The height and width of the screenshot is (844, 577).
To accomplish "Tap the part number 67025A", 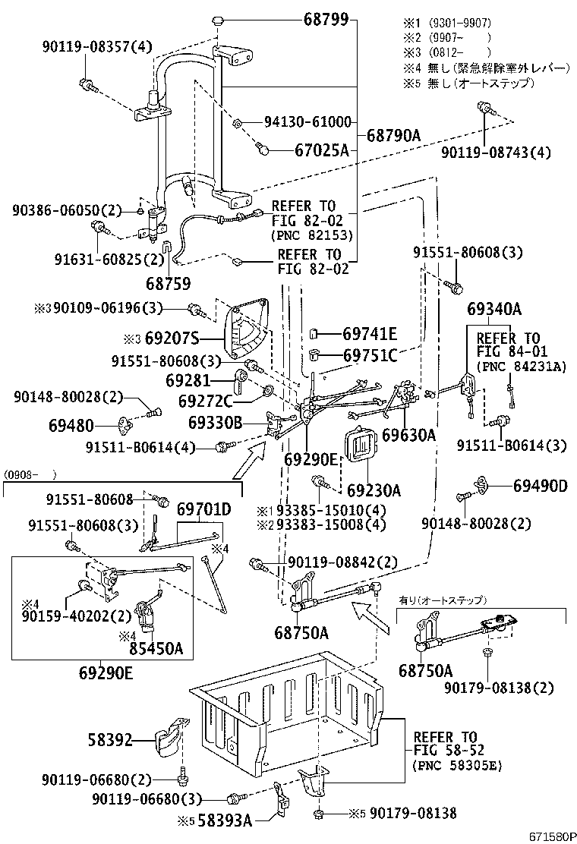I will (x=321, y=150).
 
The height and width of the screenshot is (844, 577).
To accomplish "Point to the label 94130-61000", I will (x=307, y=121).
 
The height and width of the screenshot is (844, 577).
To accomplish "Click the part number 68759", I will (x=168, y=283).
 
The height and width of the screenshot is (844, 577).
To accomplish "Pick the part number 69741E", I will (x=370, y=333).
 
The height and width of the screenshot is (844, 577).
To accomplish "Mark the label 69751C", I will (x=370, y=355).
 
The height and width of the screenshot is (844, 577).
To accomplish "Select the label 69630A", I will (x=409, y=435).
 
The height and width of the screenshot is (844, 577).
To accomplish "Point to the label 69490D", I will (x=540, y=485).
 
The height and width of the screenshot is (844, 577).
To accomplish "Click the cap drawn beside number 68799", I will (x=216, y=20).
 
